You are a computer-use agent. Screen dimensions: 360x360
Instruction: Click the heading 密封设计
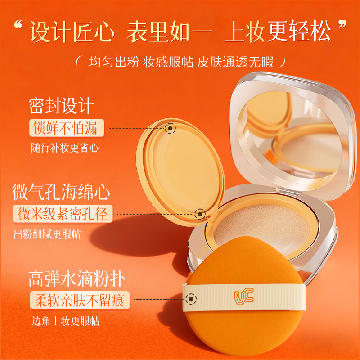pyautogui.click(x=60, y=105)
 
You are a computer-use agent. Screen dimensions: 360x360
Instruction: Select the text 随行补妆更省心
pyautogui.click(x=63, y=147)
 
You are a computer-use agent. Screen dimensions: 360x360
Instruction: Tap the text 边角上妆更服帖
pyautogui.click(x=63, y=321)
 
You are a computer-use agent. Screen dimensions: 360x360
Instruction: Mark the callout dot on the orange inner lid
pyautogui.click(x=170, y=129)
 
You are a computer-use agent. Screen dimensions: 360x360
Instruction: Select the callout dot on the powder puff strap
pyautogui.click(x=192, y=299)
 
